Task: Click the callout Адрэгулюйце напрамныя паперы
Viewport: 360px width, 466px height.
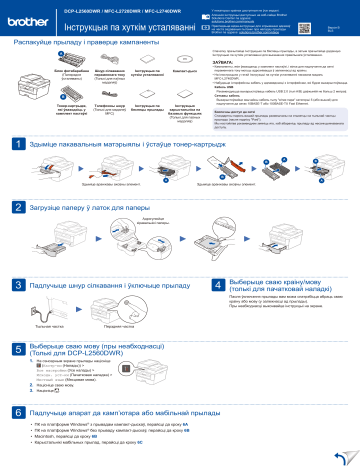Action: click(146, 219)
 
